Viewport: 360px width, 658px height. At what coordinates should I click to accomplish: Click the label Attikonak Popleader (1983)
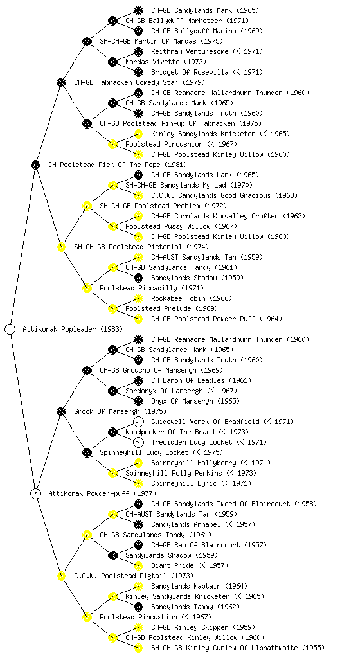[x=73, y=329]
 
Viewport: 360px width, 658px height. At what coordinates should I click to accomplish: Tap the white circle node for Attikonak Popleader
[x=10, y=329]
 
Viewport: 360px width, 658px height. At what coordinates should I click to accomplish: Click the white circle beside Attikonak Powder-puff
[x=35, y=493]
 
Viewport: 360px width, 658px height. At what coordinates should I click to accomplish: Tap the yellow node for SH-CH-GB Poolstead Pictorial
[x=61, y=247]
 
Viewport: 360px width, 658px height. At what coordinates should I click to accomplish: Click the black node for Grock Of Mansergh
[x=61, y=411]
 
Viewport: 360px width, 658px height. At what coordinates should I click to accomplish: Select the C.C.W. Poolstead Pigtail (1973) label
[x=134, y=576]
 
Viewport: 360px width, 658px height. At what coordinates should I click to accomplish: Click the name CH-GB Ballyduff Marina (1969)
[x=207, y=31]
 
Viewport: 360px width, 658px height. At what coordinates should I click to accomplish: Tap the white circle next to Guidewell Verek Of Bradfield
[x=138, y=422]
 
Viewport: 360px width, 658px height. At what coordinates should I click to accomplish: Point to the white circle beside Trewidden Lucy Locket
[x=138, y=442]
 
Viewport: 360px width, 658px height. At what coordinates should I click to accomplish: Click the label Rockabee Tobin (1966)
[x=192, y=298]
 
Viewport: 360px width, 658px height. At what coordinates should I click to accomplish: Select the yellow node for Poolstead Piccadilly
[x=87, y=288]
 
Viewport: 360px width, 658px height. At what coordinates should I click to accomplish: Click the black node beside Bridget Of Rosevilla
[x=138, y=72]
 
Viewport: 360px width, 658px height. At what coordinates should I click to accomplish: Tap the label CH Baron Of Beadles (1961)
[x=201, y=380]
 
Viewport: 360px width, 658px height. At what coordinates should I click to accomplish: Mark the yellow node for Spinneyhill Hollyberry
[x=138, y=463]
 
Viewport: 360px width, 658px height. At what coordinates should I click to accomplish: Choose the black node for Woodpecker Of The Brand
[x=113, y=432]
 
